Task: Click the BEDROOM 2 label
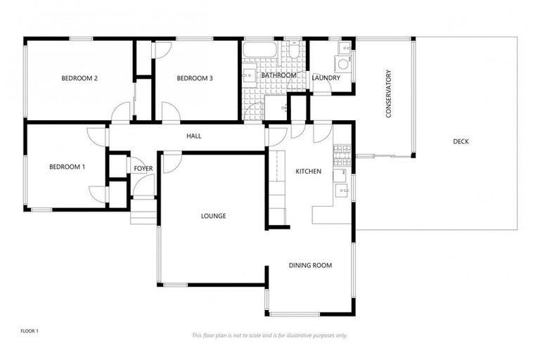pyautogui.click(x=79, y=78)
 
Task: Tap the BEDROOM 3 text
pyautogui.click(x=195, y=78)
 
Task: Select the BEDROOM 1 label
pyautogui.click(x=67, y=167)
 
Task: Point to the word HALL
pyautogui.click(x=194, y=136)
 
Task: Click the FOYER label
pyautogui.click(x=143, y=169)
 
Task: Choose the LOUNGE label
pyautogui.click(x=213, y=216)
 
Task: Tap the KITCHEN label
pyautogui.click(x=308, y=171)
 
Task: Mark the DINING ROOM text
pyautogui.click(x=310, y=265)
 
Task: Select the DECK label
pyautogui.click(x=461, y=141)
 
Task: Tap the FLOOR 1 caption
pyautogui.click(x=30, y=330)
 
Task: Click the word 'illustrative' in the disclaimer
pyautogui.click(x=296, y=335)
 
